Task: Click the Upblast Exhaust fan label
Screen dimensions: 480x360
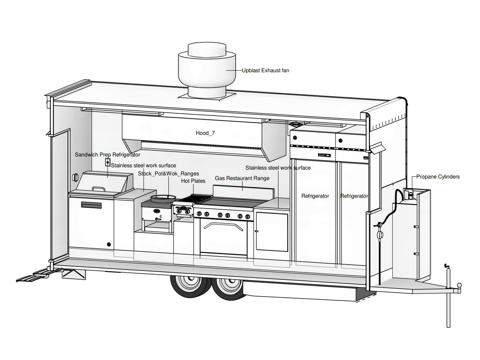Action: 265,70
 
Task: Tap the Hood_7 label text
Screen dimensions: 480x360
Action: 205,133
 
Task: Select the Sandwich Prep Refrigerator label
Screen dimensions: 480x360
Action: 107,155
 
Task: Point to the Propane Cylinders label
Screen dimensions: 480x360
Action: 438,177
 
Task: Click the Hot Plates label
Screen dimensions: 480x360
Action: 193,181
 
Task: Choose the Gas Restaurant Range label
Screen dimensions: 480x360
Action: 242,178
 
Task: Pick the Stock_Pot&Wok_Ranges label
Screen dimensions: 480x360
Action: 168,173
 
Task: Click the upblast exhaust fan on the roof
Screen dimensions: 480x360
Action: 207,70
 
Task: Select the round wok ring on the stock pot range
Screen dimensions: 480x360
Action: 163,199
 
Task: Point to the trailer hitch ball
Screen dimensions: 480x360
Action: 459,285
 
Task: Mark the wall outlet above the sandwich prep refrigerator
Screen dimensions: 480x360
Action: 108,162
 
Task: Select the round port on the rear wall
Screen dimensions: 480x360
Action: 75,177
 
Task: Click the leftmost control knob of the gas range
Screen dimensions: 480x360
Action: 199,214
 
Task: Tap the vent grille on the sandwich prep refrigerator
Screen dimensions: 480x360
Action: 92,205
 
